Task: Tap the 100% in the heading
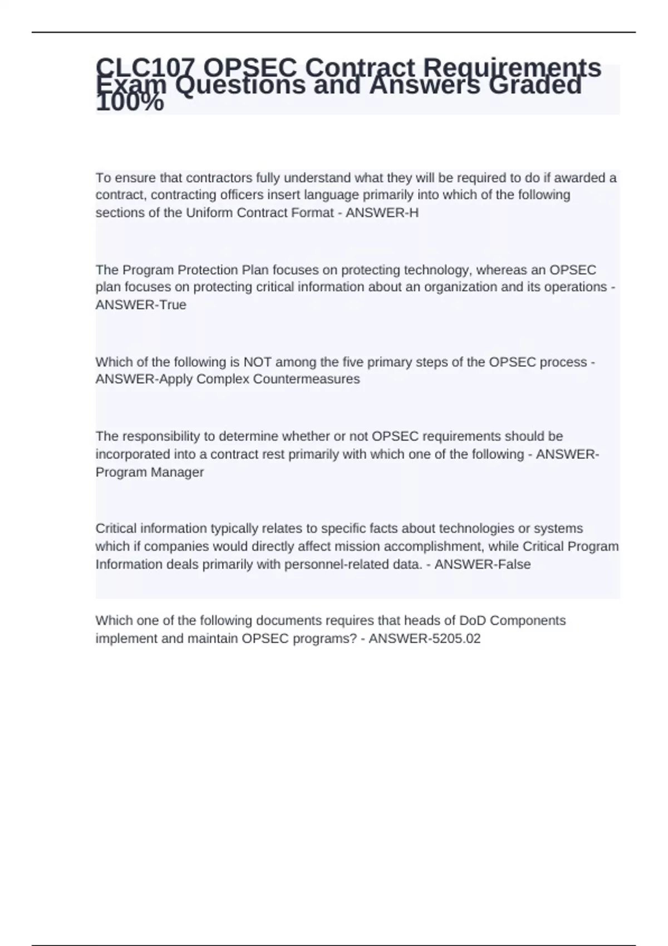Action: pos(130,104)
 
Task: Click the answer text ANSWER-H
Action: pos(382,213)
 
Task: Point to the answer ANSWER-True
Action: pos(141,305)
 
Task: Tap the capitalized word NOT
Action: pos(258,362)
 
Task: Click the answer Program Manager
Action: pos(150,472)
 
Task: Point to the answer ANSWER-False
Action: pos(483,564)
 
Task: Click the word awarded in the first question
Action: pos(579,178)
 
